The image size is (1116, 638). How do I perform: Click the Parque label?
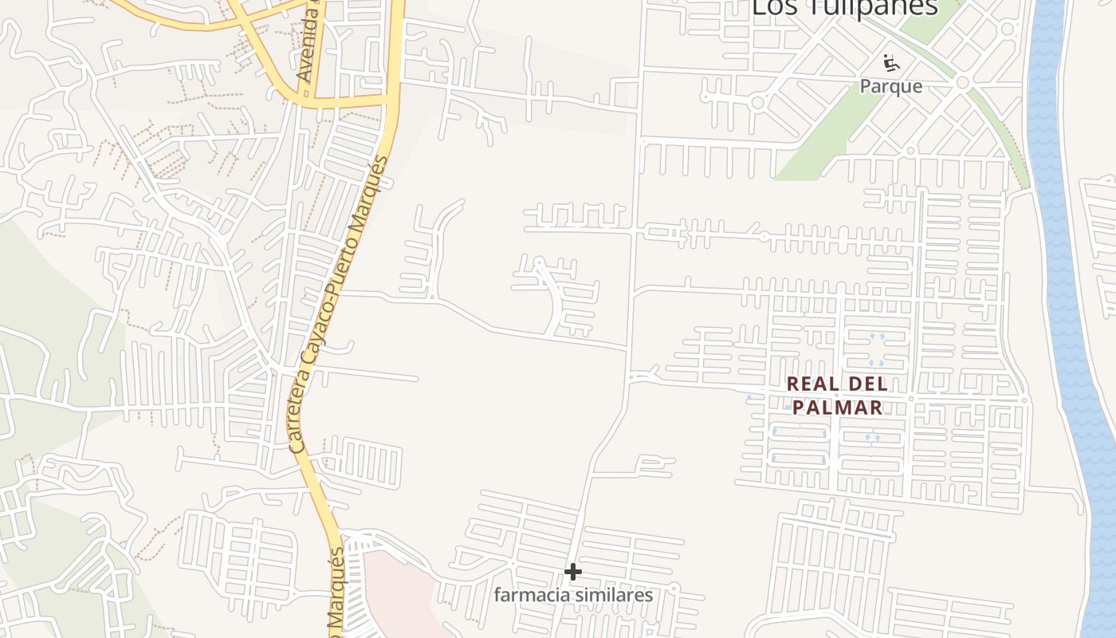(890, 86)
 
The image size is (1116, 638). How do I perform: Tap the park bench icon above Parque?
(890, 62)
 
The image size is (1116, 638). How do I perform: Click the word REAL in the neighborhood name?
(814, 384)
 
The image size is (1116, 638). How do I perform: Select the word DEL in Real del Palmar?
(869, 384)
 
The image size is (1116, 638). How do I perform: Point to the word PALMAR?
(837, 408)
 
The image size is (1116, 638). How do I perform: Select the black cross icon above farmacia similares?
(572, 572)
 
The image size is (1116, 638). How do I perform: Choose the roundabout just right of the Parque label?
(962, 82)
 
